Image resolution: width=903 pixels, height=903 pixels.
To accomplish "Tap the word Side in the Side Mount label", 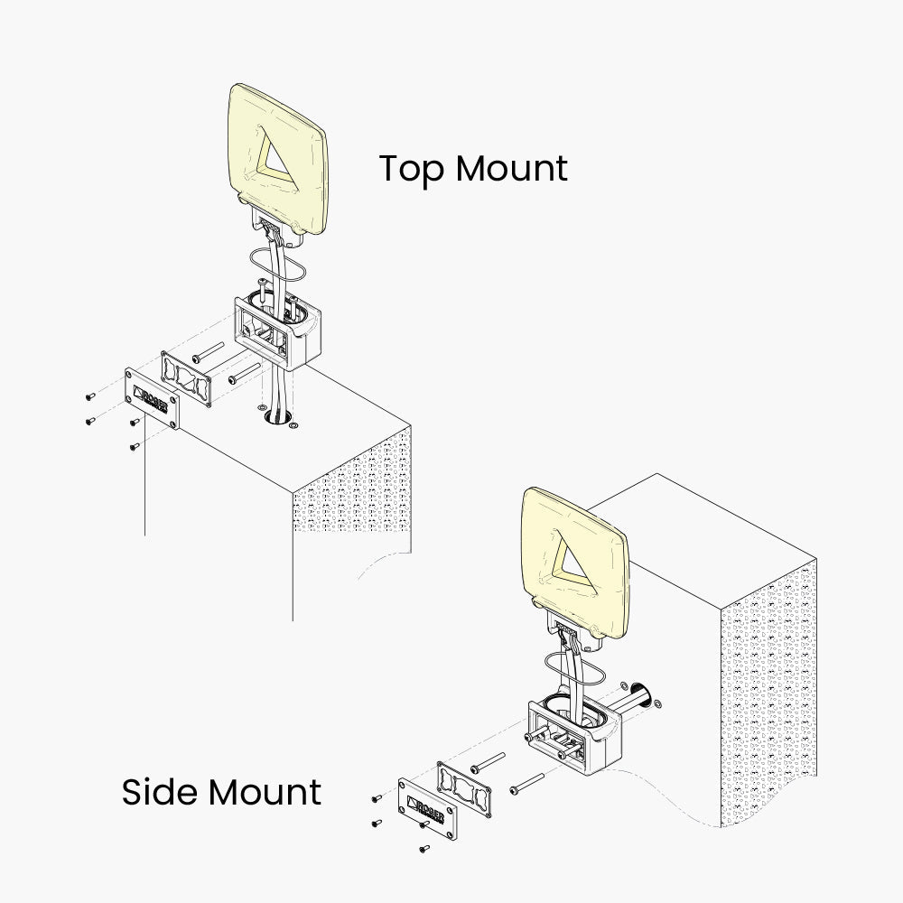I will [x=159, y=792].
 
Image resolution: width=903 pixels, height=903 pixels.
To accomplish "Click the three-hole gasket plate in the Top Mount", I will [x=187, y=376].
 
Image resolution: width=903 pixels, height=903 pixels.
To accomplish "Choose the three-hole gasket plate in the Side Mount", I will [x=466, y=787].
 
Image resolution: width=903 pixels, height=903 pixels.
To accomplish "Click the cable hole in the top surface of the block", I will [x=276, y=418].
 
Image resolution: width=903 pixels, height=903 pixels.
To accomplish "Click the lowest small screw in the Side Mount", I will [x=424, y=848].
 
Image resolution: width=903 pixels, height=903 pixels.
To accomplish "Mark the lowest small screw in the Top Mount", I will [x=134, y=445].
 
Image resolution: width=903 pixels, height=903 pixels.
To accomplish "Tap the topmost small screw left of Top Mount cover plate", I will [x=88, y=395].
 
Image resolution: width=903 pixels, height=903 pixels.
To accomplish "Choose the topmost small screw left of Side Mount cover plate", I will [x=376, y=799].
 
